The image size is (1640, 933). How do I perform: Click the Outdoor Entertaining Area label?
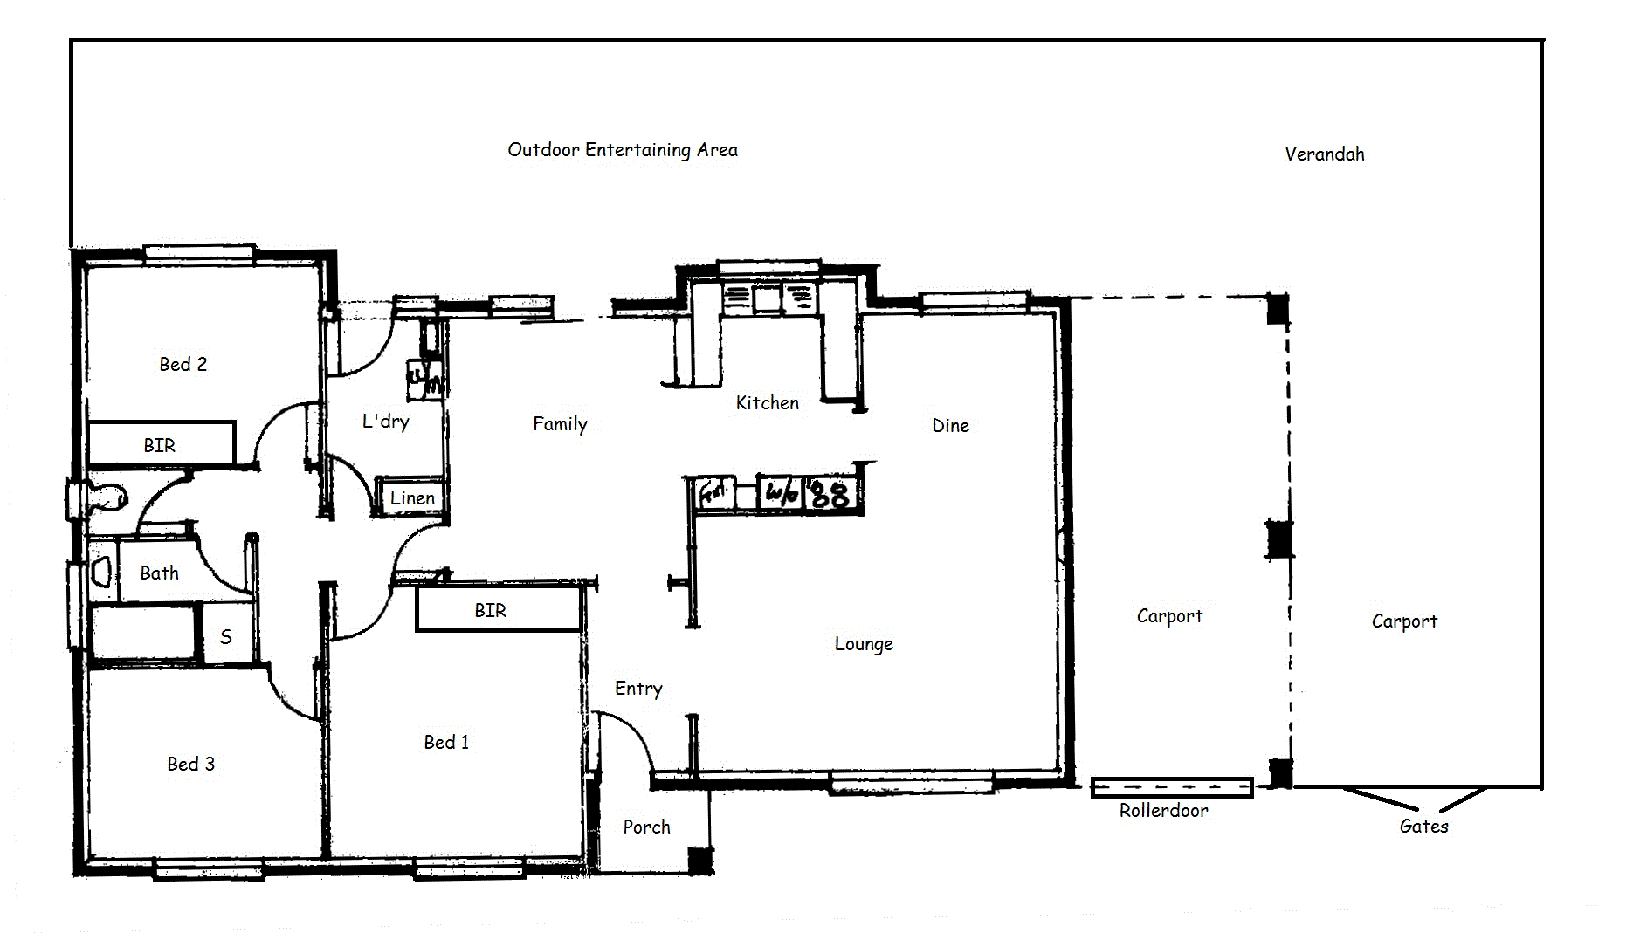click(622, 150)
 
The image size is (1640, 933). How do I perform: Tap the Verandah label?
click(1324, 154)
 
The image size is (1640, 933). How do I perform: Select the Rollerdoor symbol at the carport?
click(1171, 787)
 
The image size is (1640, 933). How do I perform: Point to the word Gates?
click(1423, 826)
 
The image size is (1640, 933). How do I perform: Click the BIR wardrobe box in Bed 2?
click(162, 443)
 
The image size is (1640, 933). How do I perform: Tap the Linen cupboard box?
click(411, 497)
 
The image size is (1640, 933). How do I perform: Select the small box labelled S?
click(226, 636)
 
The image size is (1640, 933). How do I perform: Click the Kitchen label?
click(767, 403)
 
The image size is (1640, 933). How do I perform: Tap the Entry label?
click(637, 689)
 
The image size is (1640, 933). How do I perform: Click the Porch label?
click(646, 827)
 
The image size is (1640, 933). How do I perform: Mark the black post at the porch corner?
click(700, 860)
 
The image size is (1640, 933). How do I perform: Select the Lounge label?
click(863, 644)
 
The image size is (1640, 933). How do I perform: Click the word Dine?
click(950, 426)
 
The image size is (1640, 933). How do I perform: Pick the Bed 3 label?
click(190, 765)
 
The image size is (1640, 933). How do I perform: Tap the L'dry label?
click(385, 422)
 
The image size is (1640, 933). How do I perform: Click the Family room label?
click(560, 424)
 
